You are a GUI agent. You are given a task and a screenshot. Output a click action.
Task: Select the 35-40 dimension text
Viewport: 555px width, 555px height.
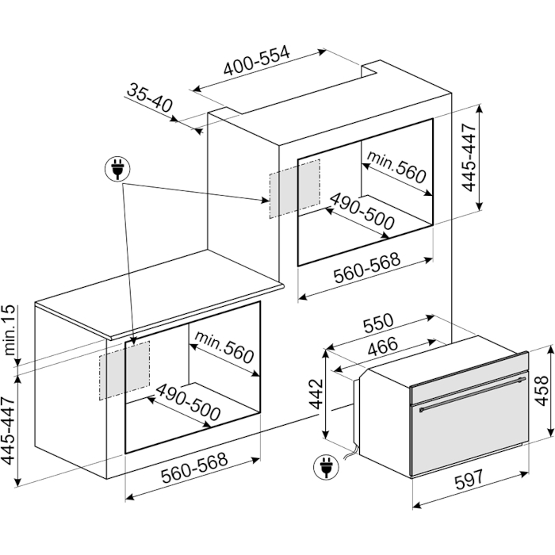coord(150,101)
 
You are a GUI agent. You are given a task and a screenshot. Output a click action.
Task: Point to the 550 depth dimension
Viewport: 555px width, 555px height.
coord(379,326)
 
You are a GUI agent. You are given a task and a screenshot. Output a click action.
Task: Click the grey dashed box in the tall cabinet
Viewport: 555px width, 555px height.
coord(294,188)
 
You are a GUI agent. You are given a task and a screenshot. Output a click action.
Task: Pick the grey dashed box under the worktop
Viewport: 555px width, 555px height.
coord(124,369)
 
